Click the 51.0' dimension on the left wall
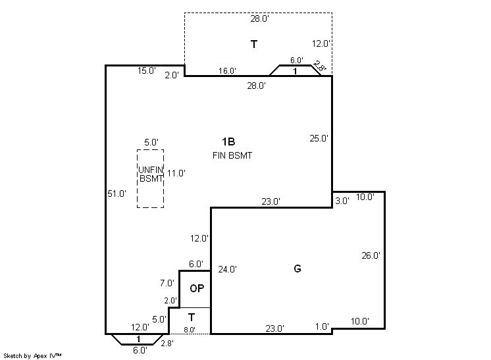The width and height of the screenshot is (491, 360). [x=116, y=193]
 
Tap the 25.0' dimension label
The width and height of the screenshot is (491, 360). [x=319, y=138]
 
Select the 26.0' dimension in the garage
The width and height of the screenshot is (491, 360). [x=371, y=255]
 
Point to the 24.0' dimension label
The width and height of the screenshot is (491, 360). [x=227, y=269]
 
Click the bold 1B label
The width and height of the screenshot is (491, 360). [x=228, y=141]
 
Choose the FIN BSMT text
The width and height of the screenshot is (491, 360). [x=232, y=155]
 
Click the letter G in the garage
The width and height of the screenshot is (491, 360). [x=297, y=269]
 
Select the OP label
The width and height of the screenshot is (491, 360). [x=197, y=288]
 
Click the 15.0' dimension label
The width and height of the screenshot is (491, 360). [x=147, y=70]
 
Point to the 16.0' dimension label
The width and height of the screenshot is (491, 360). [x=227, y=70]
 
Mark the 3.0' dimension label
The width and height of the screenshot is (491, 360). [x=342, y=201]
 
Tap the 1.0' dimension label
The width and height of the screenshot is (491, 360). [x=322, y=327]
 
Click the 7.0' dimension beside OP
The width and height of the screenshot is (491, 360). [x=167, y=283]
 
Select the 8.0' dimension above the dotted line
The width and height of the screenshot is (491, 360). [x=190, y=330]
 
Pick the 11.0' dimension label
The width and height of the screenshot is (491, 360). [x=176, y=173]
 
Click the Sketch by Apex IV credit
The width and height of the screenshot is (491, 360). [x=32, y=355]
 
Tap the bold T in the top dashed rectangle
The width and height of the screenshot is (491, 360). [x=254, y=45]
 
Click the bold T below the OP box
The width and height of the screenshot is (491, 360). [x=192, y=317]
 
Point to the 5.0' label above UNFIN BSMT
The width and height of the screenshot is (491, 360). [x=151, y=142]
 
